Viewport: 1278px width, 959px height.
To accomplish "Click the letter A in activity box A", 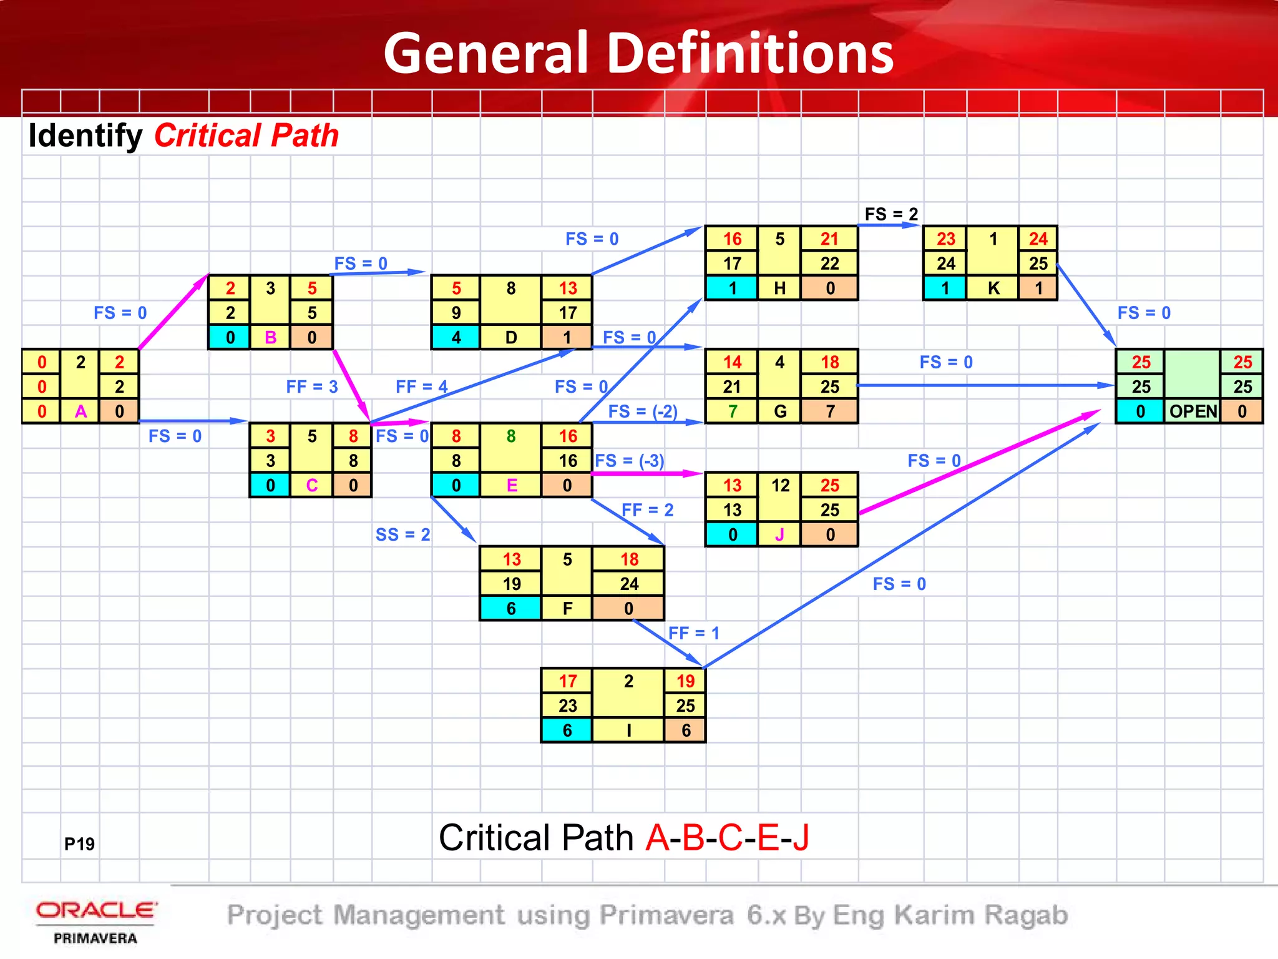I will pyautogui.click(x=80, y=411).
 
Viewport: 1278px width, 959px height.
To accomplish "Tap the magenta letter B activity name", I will pyautogui.click(x=270, y=337).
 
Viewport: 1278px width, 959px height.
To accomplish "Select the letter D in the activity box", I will pyautogui.click(x=511, y=337).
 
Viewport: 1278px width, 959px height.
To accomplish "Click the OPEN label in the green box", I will pyautogui.click(x=1193, y=411).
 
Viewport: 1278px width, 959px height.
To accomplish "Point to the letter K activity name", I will pyautogui.click(x=993, y=288).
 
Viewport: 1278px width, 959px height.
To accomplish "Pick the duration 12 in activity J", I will pyautogui.click(x=780, y=485).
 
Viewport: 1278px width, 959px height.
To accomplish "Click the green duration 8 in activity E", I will pyautogui.click(x=511, y=436).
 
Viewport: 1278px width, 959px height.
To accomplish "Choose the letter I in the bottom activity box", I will pyautogui.click(x=628, y=730).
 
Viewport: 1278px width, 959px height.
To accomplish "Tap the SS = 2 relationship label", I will pyautogui.click(x=402, y=534).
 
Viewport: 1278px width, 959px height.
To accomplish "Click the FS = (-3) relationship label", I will pyautogui.click(x=629, y=461).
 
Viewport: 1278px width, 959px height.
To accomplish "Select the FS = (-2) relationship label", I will pyautogui.click(x=643, y=411).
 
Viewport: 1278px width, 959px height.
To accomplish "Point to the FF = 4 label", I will pyautogui.click(x=422, y=386).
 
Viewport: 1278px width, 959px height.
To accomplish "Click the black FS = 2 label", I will pyautogui.click(x=891, y=214).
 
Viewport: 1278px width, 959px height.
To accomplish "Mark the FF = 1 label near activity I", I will pyautogui.click(x=693, y=633).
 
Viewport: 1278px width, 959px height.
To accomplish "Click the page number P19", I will pyautogui.click(x=79, y=844).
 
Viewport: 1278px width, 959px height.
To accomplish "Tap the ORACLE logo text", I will pyautogui.click(x=96, y=910).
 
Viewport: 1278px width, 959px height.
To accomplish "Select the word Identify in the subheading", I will pyautogui.click(x=85, y=135).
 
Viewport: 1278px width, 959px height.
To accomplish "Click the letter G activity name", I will pyautogui.click(x=780, y=411).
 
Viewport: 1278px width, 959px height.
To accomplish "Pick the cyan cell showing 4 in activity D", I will pyautogui.click(x=456, y=337).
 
